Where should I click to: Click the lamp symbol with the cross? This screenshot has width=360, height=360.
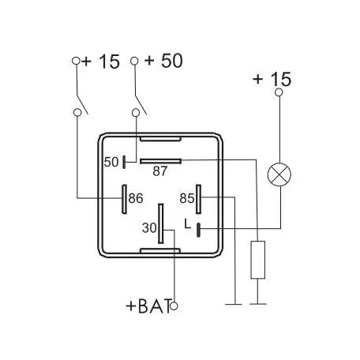click(279, 174)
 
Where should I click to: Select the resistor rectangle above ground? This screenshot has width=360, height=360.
click(258, 260)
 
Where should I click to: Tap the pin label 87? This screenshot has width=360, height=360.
click(159, 171)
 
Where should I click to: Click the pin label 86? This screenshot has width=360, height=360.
click(136, 198)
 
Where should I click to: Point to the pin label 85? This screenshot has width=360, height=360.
click(187, 198)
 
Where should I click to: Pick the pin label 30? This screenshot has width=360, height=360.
click(149, 228)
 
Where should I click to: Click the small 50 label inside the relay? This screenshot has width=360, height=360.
click(111, 162)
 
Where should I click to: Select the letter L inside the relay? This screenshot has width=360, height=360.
click(188, 224)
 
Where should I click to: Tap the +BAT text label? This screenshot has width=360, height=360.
click(148, 306)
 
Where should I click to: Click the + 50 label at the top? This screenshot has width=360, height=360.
click(163, 61)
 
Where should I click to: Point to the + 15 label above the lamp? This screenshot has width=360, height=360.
click(272, 79)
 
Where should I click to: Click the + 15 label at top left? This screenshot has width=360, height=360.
click(101, 62)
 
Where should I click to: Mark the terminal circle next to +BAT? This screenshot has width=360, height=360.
click(174, 306)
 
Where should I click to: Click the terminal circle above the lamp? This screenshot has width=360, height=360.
click(279, 92)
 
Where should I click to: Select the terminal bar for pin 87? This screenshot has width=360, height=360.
click(160, 161)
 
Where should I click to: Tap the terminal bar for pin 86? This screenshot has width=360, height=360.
click(124, 199)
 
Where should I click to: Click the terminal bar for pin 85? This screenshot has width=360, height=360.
click(198, 199)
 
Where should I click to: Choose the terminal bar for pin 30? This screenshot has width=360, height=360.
click(160, 223)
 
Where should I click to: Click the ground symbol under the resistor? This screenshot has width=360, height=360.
click(258, 304)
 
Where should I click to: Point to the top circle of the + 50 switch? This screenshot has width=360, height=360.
click(134, 61)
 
